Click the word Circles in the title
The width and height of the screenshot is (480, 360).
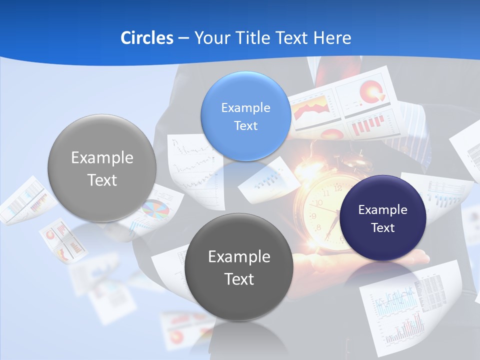coord(146,38)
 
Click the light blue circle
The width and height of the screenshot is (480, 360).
coord(245,116)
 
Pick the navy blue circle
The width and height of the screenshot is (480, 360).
coord(383,218)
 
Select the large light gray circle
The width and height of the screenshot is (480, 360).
coord(102,168)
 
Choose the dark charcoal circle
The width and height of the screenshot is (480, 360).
coord(239,267)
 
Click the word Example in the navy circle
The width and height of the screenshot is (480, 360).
coord(383,209)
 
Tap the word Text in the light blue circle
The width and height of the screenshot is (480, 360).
coord(245,125)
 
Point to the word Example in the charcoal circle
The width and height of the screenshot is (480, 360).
coord(239,257)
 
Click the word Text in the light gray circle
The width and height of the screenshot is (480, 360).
coord(102,180)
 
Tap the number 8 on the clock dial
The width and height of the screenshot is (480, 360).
coord(319,228)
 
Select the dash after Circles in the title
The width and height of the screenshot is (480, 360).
coord(183,38)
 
